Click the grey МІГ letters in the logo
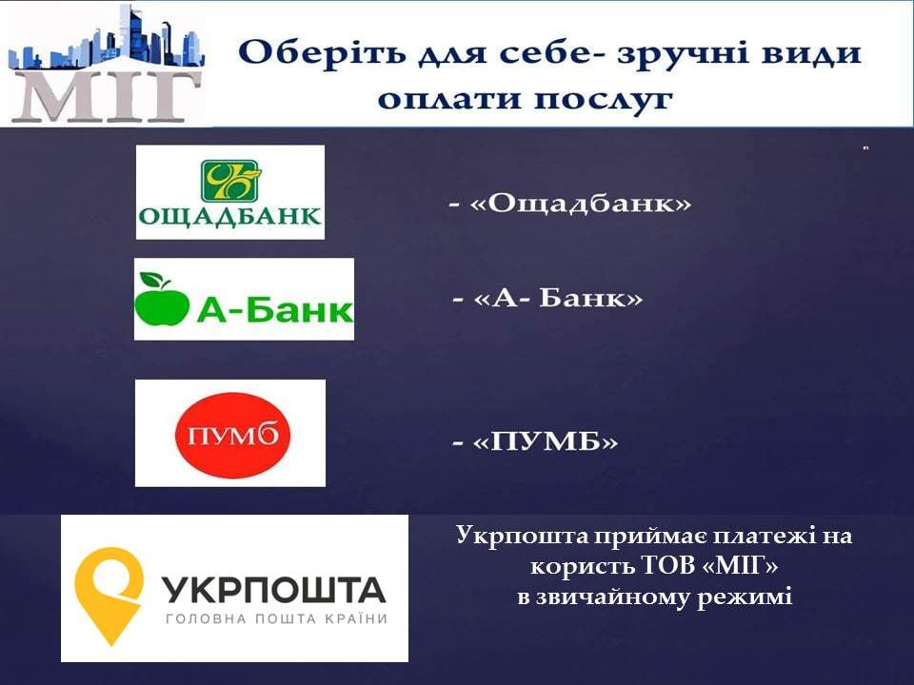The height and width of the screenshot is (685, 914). tap(107, 96)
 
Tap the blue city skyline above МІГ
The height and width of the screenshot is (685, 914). tap(107, 37)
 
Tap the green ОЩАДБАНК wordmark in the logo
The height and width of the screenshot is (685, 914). tap(229, 216)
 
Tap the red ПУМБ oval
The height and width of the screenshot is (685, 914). tap(232, 435)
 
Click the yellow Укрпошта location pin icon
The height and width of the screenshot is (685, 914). tap(109, 594)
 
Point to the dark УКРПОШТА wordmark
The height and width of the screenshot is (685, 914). tap(273, 590)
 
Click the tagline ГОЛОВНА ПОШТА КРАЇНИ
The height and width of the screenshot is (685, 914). tap(276, 618)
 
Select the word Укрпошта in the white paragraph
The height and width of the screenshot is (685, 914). tap(523, 536)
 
